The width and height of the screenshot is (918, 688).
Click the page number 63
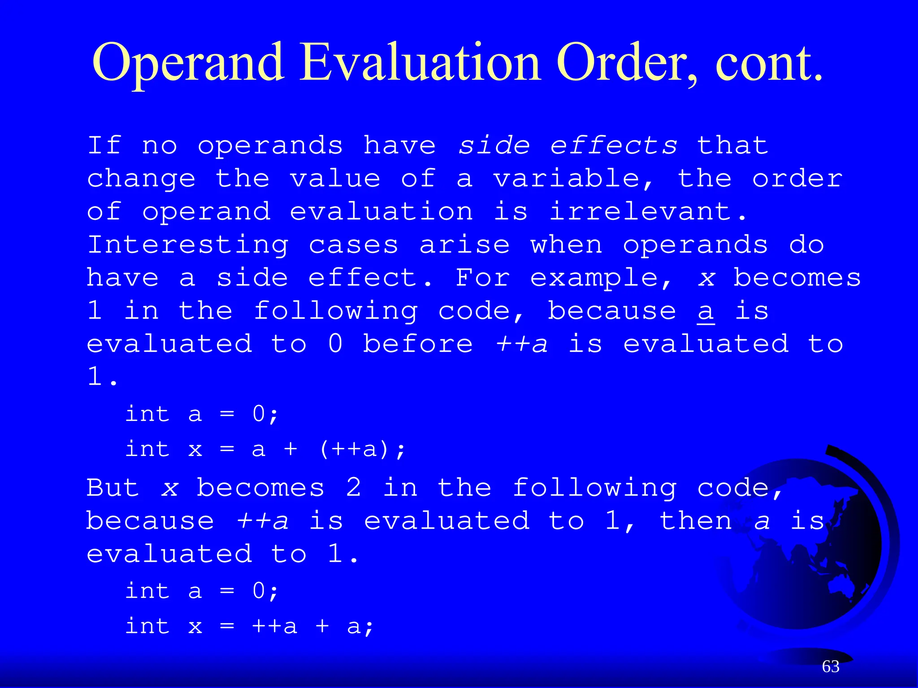[831, 666]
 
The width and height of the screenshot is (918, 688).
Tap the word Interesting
[188, 245]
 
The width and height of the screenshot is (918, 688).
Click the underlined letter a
[706, 311]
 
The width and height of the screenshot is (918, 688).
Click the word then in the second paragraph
[696, 521]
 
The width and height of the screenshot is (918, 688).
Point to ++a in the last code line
[274, 626]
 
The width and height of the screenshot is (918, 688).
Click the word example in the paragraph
[601, 278]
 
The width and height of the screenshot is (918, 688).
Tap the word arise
[464, 245]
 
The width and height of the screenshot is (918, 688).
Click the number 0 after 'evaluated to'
[335, 344]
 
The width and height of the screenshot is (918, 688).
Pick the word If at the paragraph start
[104, 146]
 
